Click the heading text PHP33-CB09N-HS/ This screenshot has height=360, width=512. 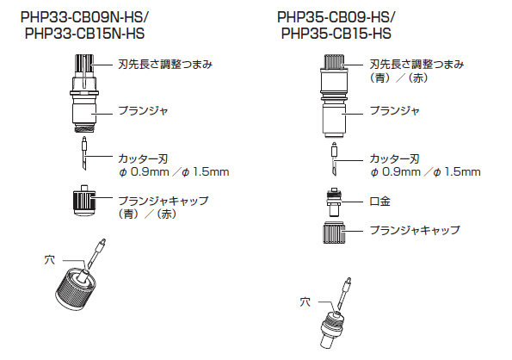click(x=84, y=17)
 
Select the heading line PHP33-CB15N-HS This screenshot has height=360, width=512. click(x=84, y=34)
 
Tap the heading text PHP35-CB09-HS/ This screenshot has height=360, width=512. click(x=336, y=17)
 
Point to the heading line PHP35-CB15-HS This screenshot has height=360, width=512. click(x=336, y=34)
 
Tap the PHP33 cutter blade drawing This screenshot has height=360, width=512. click(x=84, y=154)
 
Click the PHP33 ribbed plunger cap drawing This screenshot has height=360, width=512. click(x=84, y=201)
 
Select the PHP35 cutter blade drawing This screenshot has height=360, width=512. click(x=334, y=159)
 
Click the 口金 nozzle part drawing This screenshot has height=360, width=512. click(x=334, y=202)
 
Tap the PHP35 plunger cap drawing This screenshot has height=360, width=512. click(x=334, y=233)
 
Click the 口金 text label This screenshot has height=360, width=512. click(x=379, y=202)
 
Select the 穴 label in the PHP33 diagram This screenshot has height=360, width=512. click(x=50, y=260)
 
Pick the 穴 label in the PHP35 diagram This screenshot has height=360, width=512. click(x=305, y=301)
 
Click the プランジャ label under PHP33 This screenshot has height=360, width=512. click(x=143, y=110)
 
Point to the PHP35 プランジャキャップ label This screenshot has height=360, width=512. click(x=415, y=230)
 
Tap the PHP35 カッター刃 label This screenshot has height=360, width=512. click(x=394, y=158)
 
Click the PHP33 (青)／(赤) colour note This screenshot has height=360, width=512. click(x=147, y=214)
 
